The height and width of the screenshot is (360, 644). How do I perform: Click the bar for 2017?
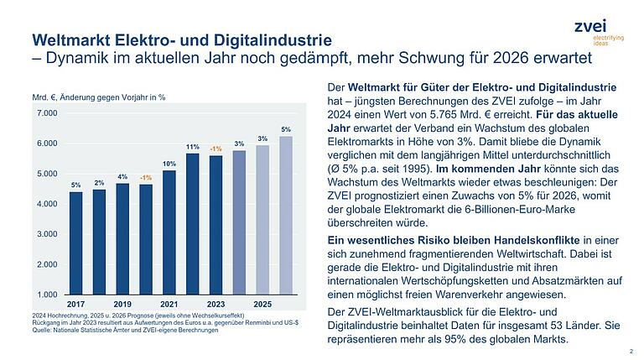(x=75, y=243)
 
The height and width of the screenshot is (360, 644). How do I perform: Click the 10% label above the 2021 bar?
(x=169, y=164)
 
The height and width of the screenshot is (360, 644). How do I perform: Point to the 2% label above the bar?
(x=99, y=183)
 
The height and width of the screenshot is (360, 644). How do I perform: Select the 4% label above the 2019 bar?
(x=122, y=177)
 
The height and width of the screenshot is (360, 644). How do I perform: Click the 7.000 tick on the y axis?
(x=47, y=112)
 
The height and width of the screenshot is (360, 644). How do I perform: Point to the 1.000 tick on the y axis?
(x=47, y=295)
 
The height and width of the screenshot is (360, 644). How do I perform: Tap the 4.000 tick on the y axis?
(x=47, y=204)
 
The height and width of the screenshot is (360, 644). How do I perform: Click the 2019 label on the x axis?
(x=122, y=303)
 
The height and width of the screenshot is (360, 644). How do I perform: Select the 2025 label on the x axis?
(x=262, y=303)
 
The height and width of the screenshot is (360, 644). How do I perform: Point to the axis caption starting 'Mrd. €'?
(x=98, y=97)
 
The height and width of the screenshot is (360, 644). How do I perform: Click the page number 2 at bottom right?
(x=630, y=350)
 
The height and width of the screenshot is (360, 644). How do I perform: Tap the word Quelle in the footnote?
(x=42, y=330)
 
